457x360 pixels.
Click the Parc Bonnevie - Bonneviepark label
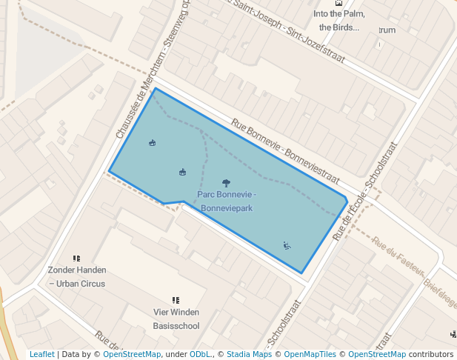tap(227, 201)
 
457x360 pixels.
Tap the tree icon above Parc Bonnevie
tap(226, 182)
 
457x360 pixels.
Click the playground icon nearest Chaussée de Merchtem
tap(152, 143)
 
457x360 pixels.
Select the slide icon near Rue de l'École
tap(287, 245)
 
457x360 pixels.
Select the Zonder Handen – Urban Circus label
tap(77, 276)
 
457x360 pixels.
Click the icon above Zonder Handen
tap(76, 259)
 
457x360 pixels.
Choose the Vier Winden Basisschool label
tap(176, 319)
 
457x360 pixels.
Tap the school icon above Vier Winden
tap(176, 300)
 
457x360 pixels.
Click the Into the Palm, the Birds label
tap(338, 20)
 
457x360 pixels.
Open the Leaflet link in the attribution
tap(41, 354)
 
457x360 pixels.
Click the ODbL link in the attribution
tap(200, 354)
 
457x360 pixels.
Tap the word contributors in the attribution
tap(431, 354)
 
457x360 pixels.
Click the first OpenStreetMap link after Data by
tap(131, 354)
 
